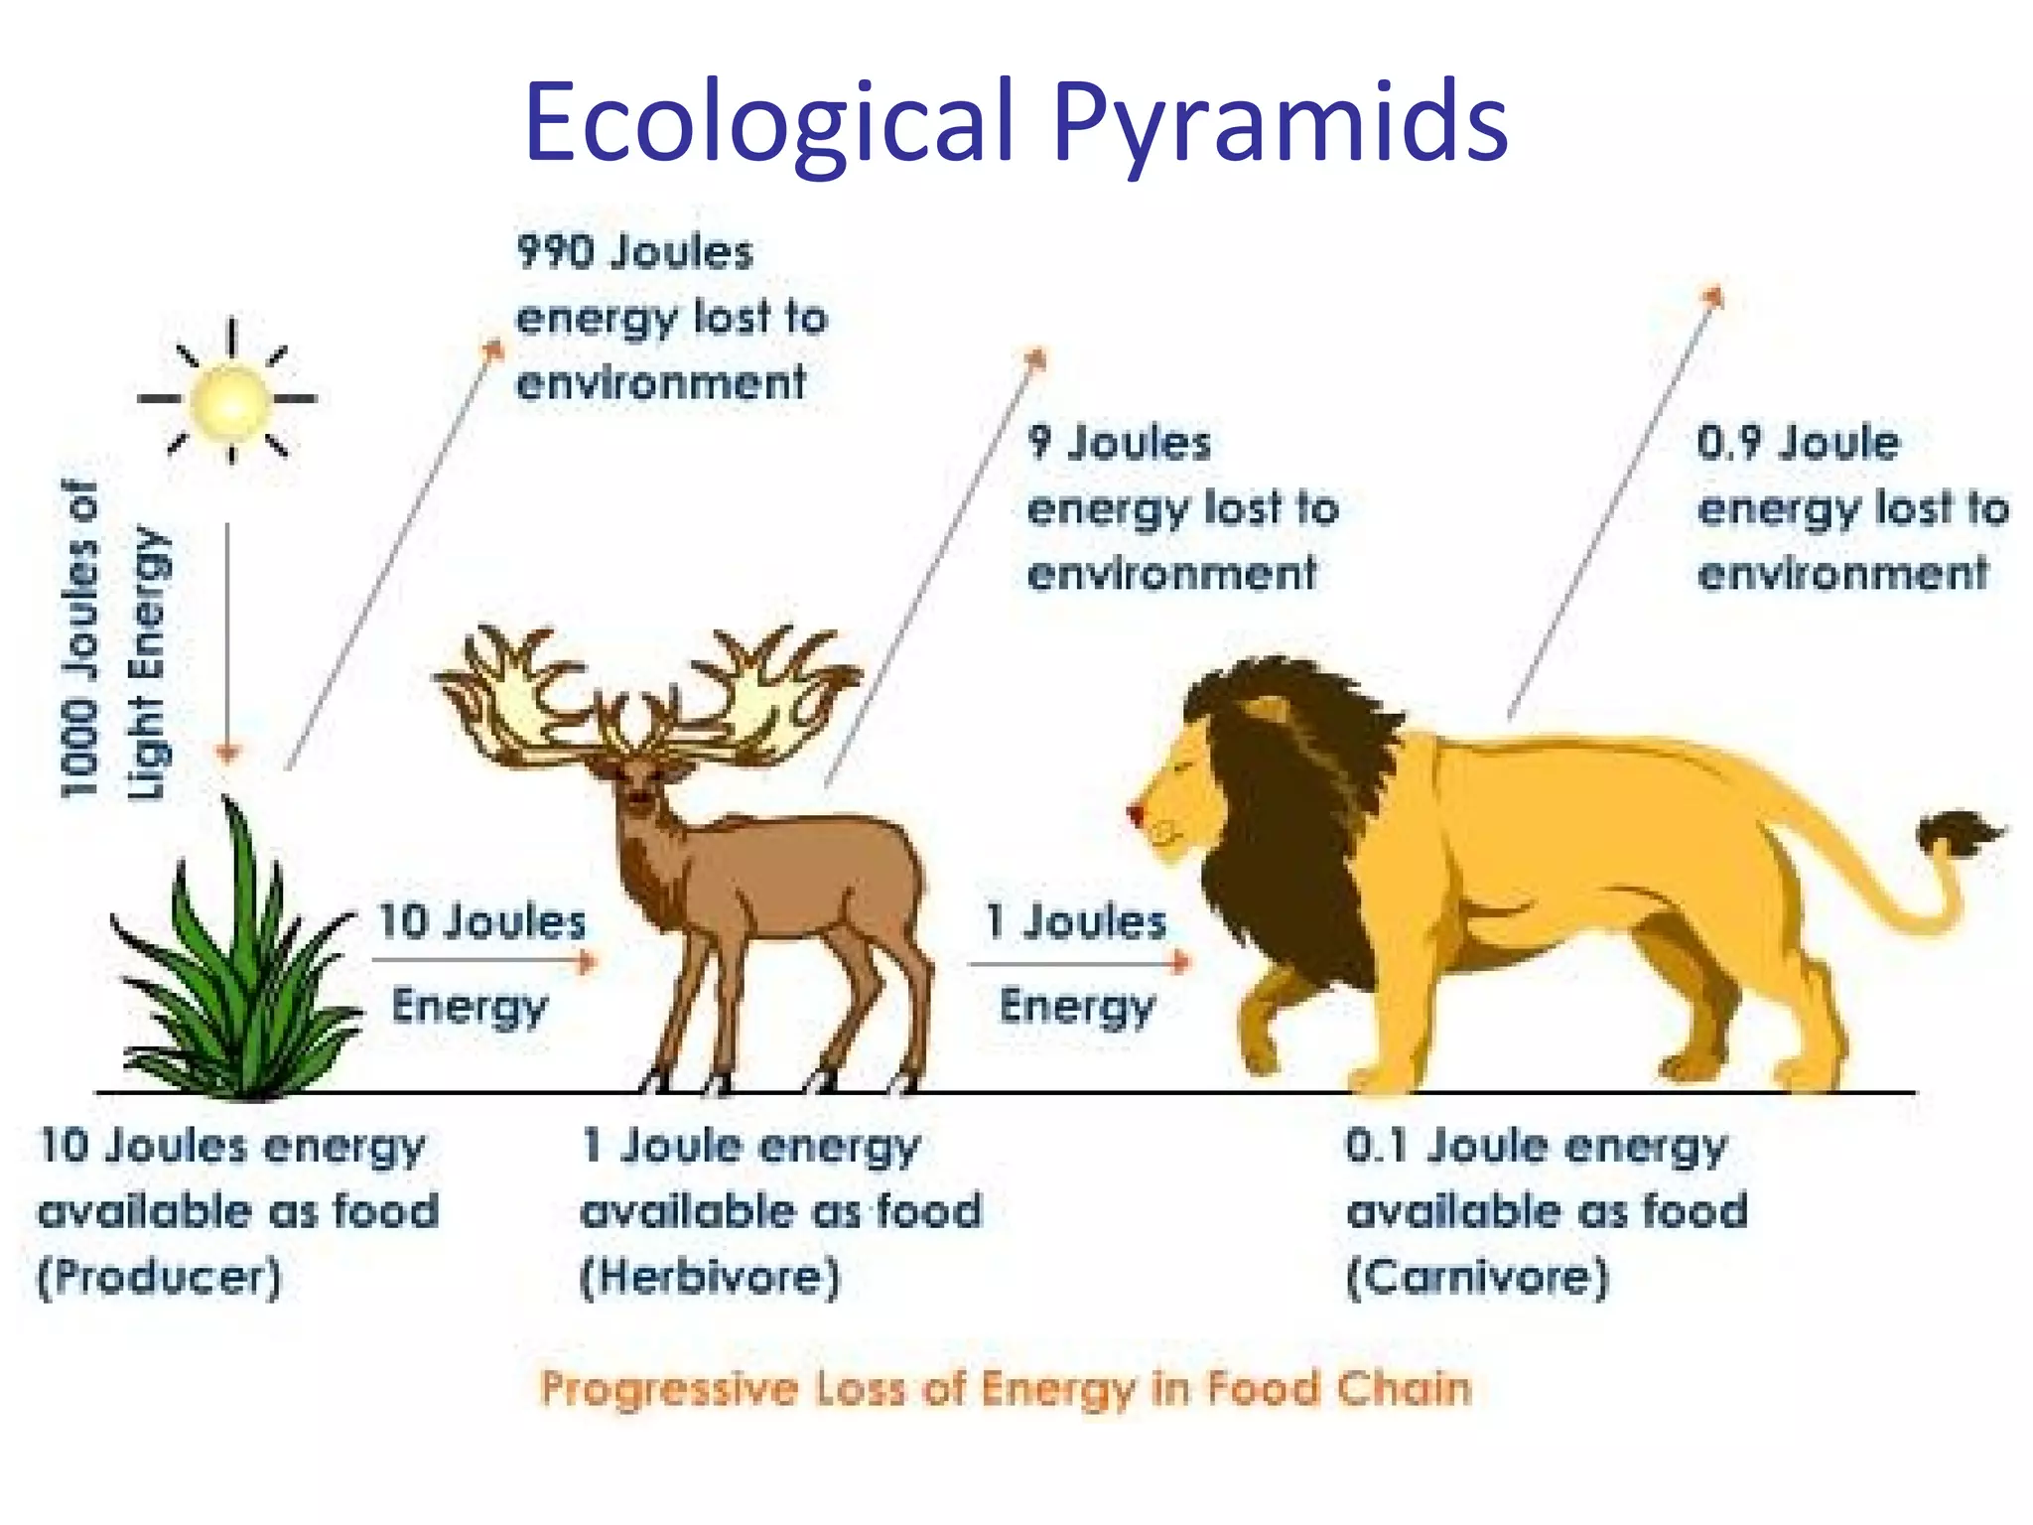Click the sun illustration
coord(230,400)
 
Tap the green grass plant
coord(238,983)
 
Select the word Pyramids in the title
coord(1281,121)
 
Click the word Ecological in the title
coord(769,121)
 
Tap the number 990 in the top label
coord(552,252)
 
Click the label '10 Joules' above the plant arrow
coord(482,921)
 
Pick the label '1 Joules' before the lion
coord(1076,921)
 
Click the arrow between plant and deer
coord(484,961)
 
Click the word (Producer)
coord(160,1277)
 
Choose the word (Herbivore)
coord(711,1277)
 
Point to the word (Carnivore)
coord(1477,1277)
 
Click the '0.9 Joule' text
coord(1797,443)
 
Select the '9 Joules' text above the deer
coord(1120,443)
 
